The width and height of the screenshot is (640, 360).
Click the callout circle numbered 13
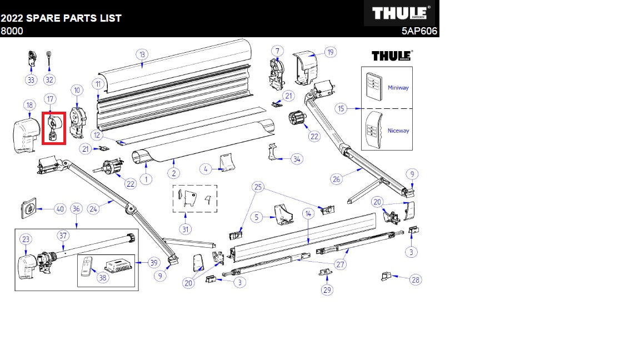tap(142, 54)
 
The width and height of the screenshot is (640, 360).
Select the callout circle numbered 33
tap(31, 79)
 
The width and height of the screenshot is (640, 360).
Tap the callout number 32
tap(49, 79)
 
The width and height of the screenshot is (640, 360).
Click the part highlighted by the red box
tap(54, 128)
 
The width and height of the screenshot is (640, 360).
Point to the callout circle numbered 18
tap(29, 106)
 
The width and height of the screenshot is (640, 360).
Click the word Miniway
tap(398, 88)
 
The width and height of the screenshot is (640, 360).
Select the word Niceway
tap(398, 131)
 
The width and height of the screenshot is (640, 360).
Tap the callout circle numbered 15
tap(341, 108)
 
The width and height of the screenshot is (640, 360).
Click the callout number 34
tap(297, 159)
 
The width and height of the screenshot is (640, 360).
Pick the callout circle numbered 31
tap(186, 229)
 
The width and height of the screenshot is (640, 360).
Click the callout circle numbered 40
tap(60, 209)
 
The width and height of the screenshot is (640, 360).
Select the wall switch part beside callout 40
tap(29, 208)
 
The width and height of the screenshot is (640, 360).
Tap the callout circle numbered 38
tap(102, 278)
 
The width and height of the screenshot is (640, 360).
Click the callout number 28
tap(416, 279)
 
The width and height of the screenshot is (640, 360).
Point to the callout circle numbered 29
tap(327, 290)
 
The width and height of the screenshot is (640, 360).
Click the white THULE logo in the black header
tap(400, 13)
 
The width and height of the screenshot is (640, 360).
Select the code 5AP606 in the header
tap(419, 31)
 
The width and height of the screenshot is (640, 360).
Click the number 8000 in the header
tap(12, 31)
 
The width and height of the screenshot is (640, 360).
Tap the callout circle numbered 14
tap(308, 213)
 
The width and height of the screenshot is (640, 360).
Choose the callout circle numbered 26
tap(336, 179)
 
